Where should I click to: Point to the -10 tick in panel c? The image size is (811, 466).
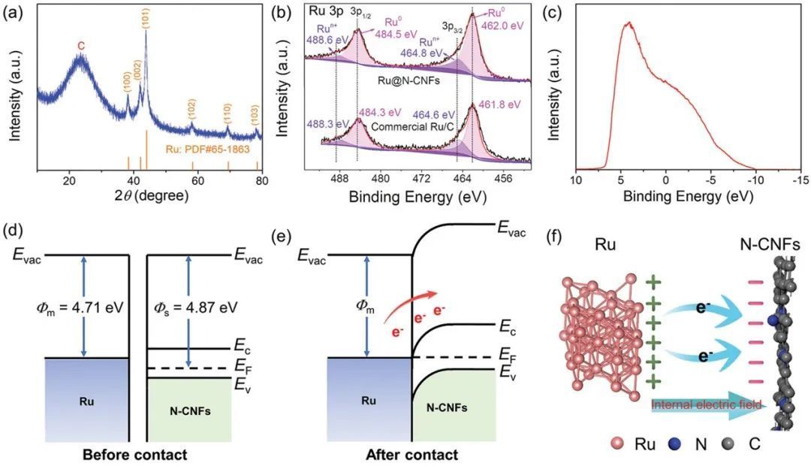[x=752, y=182]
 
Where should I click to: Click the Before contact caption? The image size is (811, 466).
[x=135, y=455]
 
